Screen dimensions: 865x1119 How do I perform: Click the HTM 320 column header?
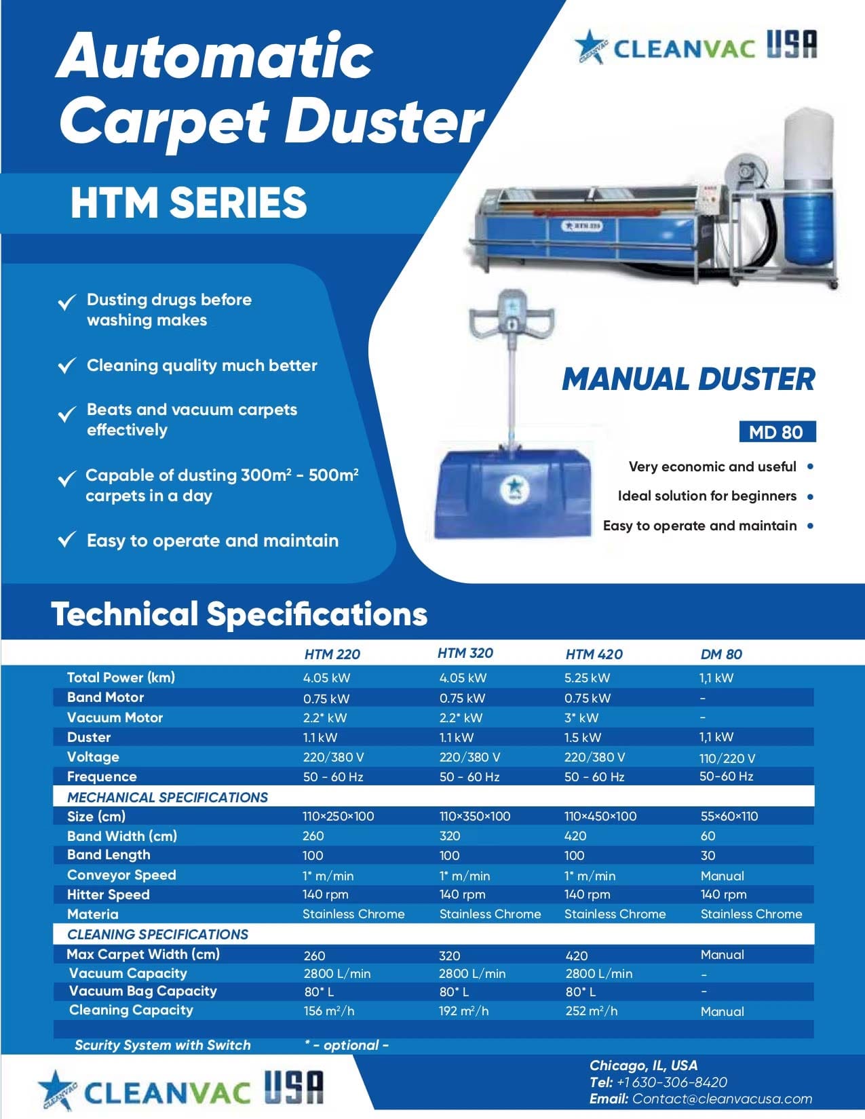[465, 653]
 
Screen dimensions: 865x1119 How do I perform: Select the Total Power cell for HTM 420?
[587, 678]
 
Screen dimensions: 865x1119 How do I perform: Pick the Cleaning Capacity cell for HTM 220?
[328, 1011]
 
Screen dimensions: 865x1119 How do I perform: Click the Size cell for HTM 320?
[474, 817]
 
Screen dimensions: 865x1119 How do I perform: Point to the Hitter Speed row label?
[108, 895]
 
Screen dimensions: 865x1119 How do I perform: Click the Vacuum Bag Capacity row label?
[142, 991]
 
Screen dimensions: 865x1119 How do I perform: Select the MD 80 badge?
[777, 431]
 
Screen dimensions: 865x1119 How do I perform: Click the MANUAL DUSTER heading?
[689, 379]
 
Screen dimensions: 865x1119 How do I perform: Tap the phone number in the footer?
[672, 1082]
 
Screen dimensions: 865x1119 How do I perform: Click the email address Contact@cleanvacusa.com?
[723, 1099]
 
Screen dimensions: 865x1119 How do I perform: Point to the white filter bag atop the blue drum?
[809, 144]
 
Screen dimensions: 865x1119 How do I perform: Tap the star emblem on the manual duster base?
[514, 487]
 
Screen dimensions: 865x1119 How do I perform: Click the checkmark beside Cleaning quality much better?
[67, 365]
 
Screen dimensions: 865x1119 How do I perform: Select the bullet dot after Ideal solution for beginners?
[811, 497]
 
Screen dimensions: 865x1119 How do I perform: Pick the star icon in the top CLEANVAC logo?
[590, 47]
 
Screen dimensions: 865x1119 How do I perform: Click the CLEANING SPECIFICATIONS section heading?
[157, 934]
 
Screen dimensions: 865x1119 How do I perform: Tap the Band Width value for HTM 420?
[575, 836]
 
